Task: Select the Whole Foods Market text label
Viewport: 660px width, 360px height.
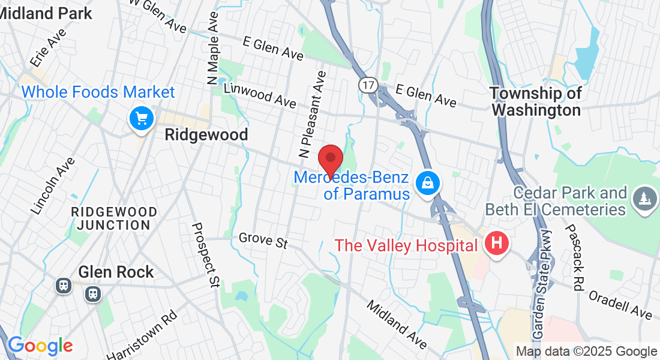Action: pos(98,92)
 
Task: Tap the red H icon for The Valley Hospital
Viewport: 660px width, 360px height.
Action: pos(496,244)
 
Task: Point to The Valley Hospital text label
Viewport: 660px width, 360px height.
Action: pos(406,245)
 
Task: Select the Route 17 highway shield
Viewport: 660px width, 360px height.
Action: pos(368,85)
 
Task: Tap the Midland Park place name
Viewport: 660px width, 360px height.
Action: pos(47,13)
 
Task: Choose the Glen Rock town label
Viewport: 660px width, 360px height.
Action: pos(116,272)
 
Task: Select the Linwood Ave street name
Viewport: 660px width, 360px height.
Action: pos(260,95)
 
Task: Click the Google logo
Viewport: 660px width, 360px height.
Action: pos(40,346)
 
